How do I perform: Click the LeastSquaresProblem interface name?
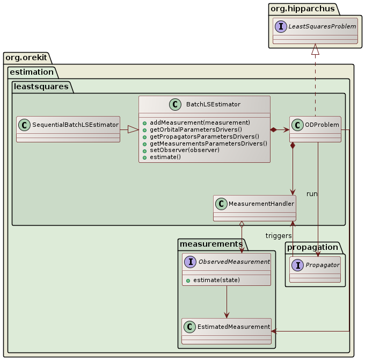coord(322,26)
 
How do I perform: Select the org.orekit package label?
coord(26,57)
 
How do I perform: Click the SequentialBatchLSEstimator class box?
coord(68,129)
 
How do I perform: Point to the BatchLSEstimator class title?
coord(213,105)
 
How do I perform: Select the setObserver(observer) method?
coord(185,150)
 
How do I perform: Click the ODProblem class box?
coord(315,129)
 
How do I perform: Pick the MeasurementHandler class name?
coord(261,204)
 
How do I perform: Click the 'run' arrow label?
coord(312,193)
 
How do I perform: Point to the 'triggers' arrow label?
coord(278,236)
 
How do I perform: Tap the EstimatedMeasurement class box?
coord(227,331)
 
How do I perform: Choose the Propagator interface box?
coord(315,270)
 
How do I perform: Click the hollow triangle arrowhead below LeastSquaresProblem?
coord(315,49)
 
